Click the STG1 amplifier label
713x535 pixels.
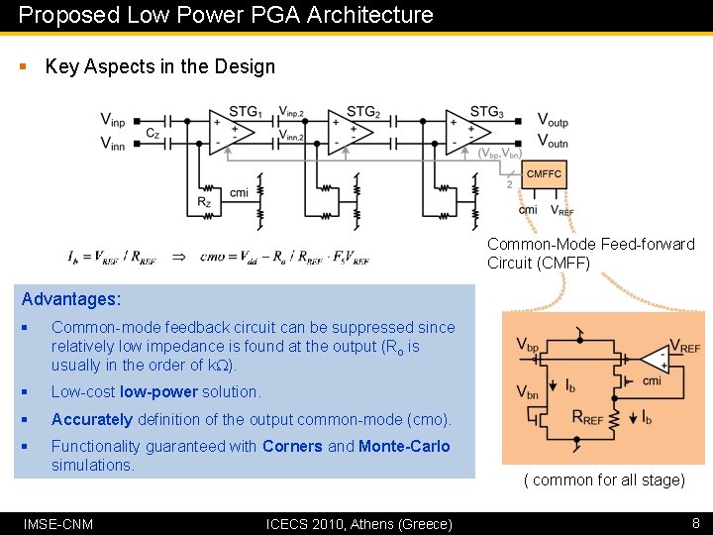245,111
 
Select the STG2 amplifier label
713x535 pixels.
363,111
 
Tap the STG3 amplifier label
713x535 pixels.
486,111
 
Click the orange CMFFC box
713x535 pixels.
544,174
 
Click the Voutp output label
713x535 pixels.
553,121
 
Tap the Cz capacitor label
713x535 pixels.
153,134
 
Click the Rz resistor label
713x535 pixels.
204,202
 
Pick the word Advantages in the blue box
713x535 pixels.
70,299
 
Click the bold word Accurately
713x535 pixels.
92,419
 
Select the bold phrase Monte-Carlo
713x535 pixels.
404,446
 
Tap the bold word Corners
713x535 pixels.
292,446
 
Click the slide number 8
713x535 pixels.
695,523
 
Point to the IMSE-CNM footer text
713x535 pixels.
58,523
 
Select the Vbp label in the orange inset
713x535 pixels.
529,346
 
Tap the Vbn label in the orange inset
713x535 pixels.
529,392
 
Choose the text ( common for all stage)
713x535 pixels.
604,480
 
